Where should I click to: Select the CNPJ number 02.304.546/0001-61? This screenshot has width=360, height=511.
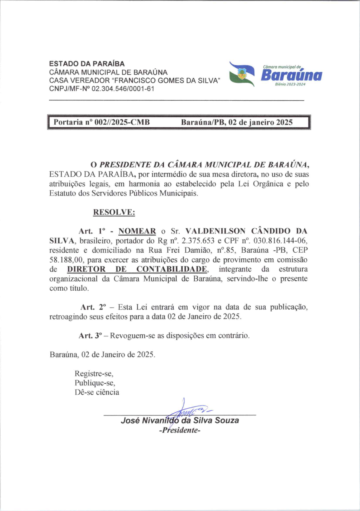(x=123, y=89)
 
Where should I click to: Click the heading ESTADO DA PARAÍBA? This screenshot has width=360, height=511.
(x=87, y=64)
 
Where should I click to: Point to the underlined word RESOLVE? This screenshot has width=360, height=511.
(x=114, y=212)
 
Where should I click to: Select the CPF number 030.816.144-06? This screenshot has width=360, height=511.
(x=277, y=241)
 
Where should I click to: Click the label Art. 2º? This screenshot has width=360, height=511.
(x=92, y=307)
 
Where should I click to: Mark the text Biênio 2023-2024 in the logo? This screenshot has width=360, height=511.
(x=290, y=85)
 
